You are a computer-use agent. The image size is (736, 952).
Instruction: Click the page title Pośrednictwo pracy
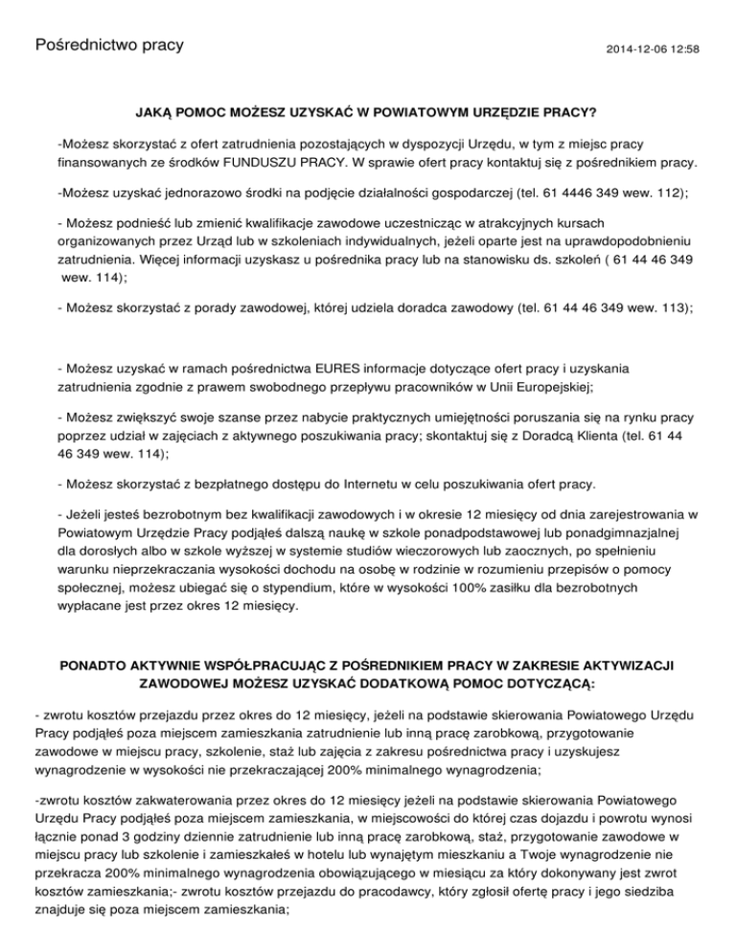(108, 46)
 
